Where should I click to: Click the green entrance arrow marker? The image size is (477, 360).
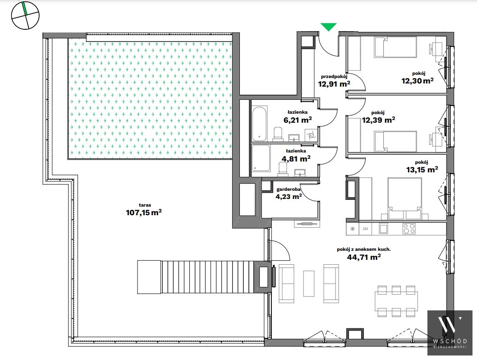coord(329,27)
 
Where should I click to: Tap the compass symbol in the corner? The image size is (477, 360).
coord(26,15)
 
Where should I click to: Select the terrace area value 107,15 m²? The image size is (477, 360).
coord(143,212)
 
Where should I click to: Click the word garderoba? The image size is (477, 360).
coord(289,189)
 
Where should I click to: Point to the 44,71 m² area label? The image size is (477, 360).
coord(364,257)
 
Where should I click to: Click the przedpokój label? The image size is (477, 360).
coord(334,77)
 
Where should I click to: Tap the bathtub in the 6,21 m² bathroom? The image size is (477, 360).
coord(260,123)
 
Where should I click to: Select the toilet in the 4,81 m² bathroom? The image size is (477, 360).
coord(283,169)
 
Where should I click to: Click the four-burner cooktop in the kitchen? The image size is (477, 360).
coord(409,229)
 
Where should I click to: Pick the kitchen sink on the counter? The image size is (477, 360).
coord(383,229)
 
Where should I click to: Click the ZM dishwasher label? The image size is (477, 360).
coord(365,229)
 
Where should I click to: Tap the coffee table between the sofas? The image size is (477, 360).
coord(309,284)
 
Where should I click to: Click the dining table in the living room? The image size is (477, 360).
coord(396,300)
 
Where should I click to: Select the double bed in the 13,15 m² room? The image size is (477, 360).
coord(404,198)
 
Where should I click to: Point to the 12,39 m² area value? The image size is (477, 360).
coord(378,120)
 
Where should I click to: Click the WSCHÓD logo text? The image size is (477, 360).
coord(449,341)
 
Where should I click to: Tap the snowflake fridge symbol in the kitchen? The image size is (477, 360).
coord(353,229)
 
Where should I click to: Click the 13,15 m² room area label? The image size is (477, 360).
coord(422,170)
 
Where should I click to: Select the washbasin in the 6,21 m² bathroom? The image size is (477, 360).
coord(294,138)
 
